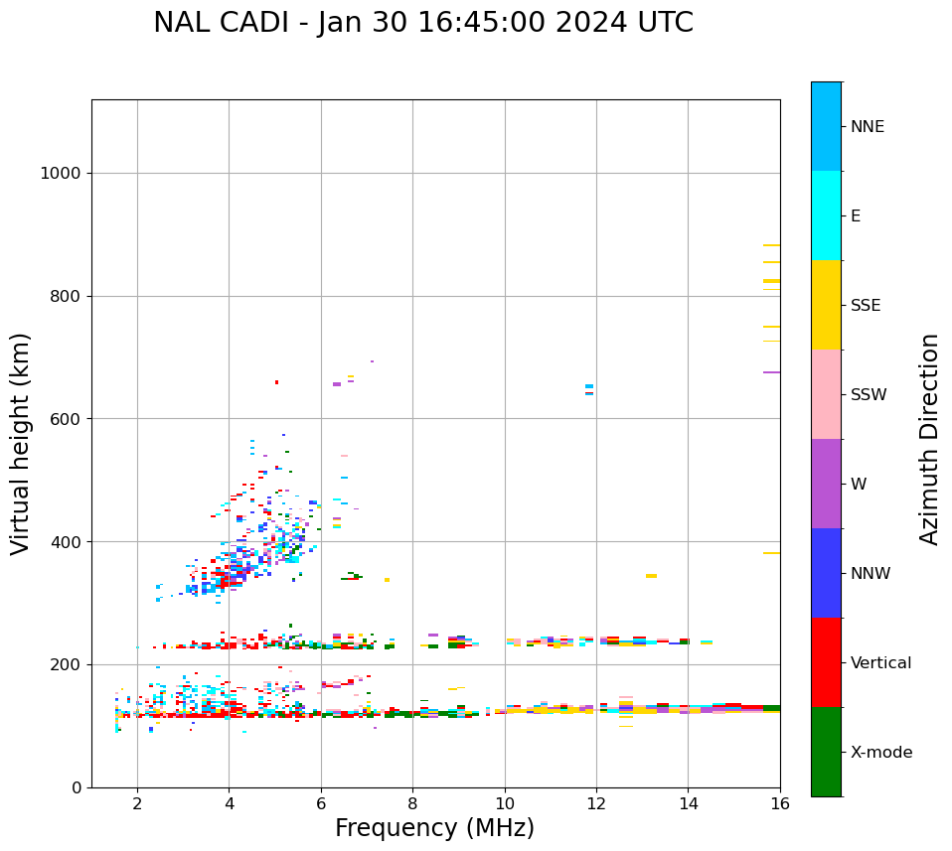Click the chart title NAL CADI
coord(422,23)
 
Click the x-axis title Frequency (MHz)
coord(434,828)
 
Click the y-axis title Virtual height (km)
coord(21,443)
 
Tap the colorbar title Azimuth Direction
coord(929,439)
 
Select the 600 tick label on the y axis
coord(67,419)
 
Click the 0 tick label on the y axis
coord(77,787)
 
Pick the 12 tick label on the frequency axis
coord(596,803)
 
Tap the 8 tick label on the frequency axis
coord(412,803)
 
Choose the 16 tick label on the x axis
coord(780,803)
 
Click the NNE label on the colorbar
coord(867,127)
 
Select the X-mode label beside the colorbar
coord(880,753)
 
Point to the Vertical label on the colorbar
coord(880,663)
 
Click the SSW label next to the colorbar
coord(869,395)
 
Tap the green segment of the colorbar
coord(826,752)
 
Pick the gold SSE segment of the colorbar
coord(826,305)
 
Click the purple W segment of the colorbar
coord(826,484)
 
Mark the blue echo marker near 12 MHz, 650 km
coord(589,386)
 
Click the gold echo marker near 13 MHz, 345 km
coord(651,576)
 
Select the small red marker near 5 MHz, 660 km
coord(276,382)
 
